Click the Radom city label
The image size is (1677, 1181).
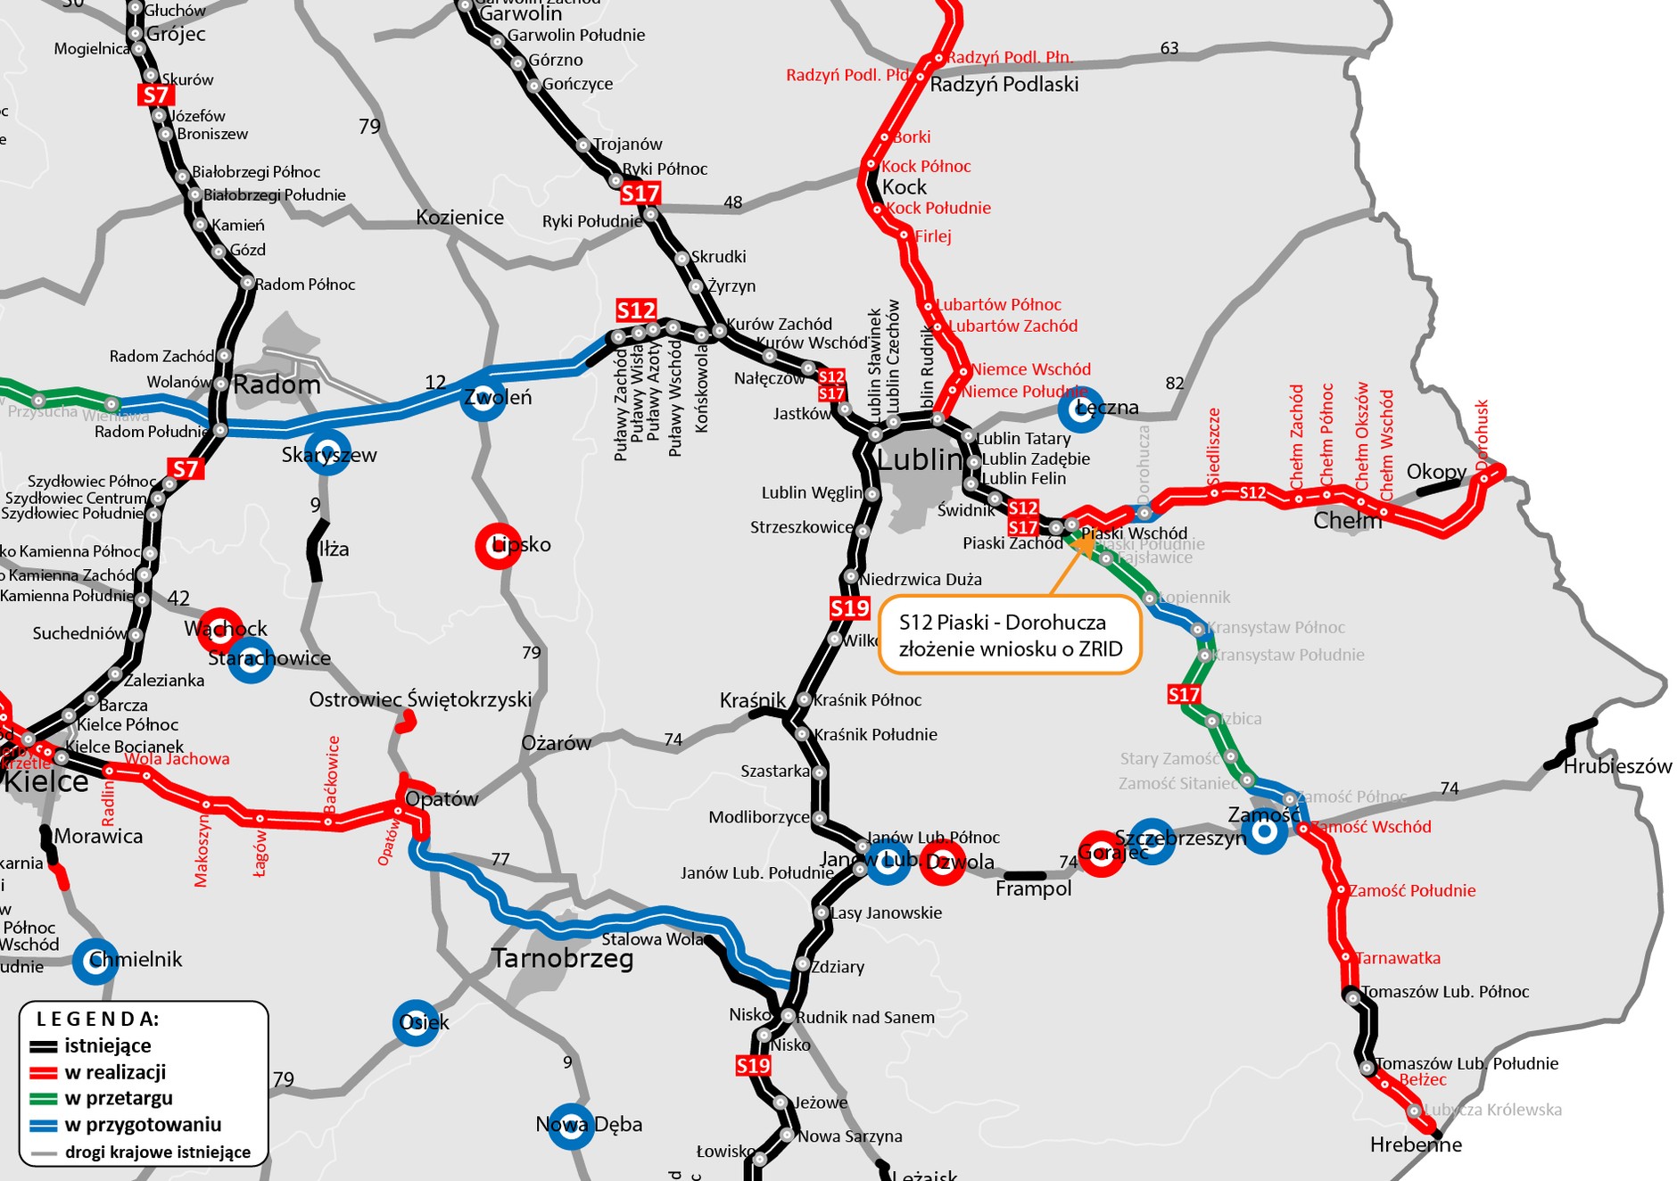coord(277,385)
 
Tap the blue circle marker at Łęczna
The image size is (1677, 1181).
coord(1079,409)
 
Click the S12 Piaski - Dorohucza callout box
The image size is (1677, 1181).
coord(1010,635)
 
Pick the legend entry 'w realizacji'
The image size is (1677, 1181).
coord(115,1072)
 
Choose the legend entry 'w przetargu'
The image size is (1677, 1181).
coord(119,1098)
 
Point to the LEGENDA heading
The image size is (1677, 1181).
coord(98,1019)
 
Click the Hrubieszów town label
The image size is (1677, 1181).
coord(1617,766)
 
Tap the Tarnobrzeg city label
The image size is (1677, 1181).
coord(562,959)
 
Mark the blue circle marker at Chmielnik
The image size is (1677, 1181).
coord(95,962)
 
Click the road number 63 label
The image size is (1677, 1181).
coord(1169,48)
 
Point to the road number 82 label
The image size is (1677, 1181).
coord(1175,383)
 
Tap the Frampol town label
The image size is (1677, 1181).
coord(1033,889)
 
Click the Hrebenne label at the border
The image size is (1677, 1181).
coord(1416,1145)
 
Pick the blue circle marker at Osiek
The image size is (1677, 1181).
coord(416,1022)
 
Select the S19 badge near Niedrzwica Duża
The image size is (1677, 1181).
coord(849,608)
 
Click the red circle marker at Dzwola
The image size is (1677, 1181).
coord(942,863)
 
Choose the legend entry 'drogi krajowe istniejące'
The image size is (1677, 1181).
coord(157,1152)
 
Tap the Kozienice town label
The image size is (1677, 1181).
coord(459,218)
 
